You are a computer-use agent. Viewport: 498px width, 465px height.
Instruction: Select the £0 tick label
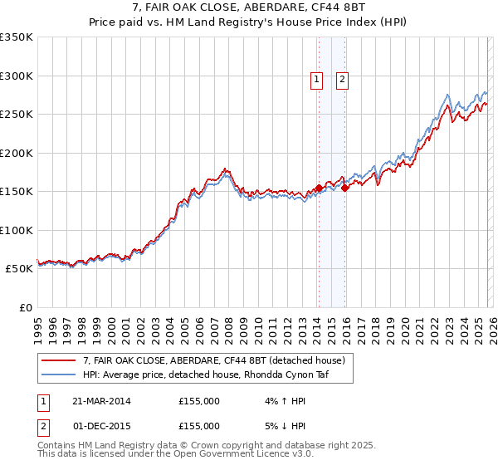(24, 307)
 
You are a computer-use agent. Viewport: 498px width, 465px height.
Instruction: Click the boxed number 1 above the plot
(317, 80)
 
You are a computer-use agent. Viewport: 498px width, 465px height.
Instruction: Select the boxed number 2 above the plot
(342, 80)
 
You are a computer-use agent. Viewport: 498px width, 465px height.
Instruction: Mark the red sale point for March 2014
(319, 188)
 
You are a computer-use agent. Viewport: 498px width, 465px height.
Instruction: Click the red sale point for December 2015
(344, 188)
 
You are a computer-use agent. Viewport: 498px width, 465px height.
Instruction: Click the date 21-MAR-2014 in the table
(101, 400)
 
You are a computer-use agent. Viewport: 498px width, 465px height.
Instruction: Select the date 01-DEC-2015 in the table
(101, 425)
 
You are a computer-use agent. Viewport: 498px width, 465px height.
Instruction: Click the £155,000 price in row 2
(199, 425)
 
